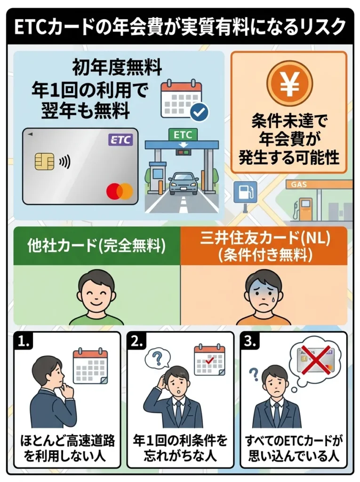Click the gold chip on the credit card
coord(44,161)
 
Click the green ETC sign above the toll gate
coord(183,135)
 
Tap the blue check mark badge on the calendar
coord(199,112)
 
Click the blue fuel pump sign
coord(245,192)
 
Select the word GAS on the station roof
coord(300,185)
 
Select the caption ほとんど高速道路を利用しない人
coord(67,448)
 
